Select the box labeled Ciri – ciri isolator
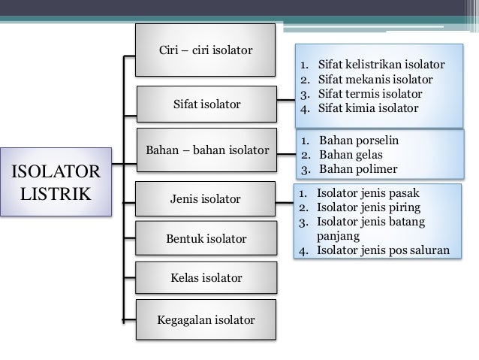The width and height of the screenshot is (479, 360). tap(206, 50)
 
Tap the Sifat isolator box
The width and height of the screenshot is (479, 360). tap(206, 104)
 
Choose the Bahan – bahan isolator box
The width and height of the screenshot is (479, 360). tap(206, 150)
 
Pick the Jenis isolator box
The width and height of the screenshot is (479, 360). tap(206, 199)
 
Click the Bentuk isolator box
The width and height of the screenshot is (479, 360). tap(206, 240)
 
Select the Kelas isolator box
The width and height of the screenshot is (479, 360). tap(206, 278)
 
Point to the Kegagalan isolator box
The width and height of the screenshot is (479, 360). tap(206, 320)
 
